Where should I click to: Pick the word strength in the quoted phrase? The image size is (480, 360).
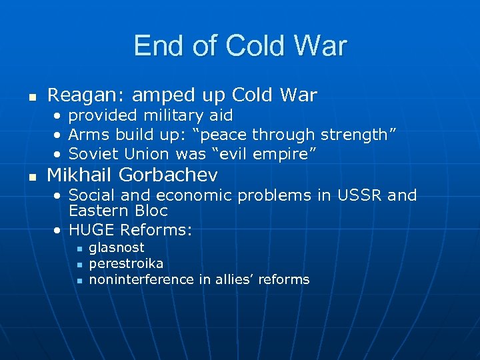(x=355, y=135)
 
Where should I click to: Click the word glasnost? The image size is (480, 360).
(x=117, y=247)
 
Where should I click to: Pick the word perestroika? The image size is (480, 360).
(x=126, y=263)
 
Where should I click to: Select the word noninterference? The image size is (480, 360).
(x=141, y=279)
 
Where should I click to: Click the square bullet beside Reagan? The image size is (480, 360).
(x=31, y=97)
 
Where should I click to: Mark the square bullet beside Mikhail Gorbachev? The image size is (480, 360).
(x=31, y=177)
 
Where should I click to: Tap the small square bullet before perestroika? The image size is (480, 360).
(x=78, y=265)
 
